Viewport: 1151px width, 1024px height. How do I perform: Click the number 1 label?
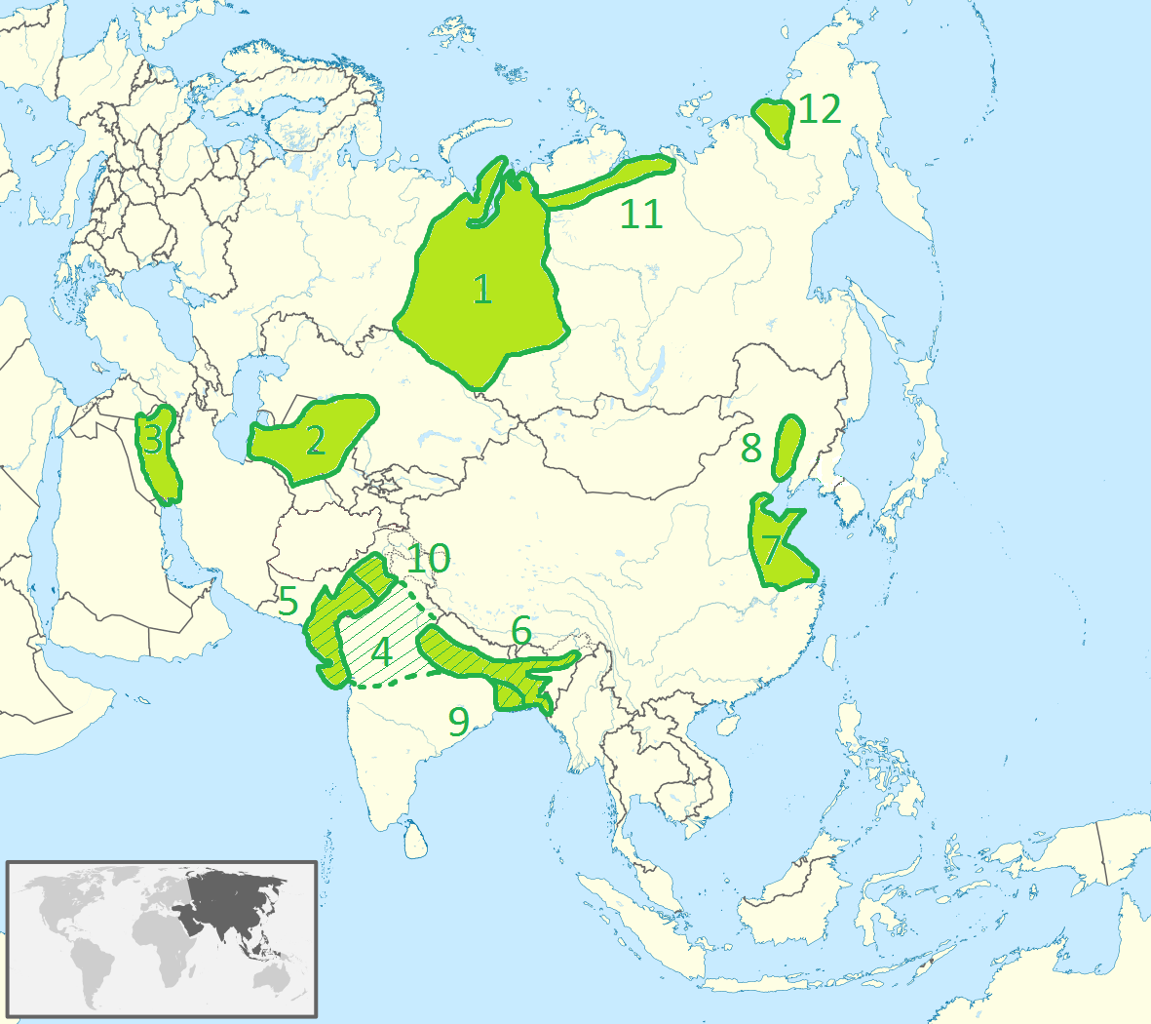(481, 290)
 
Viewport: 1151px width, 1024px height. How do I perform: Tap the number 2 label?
(315, 441)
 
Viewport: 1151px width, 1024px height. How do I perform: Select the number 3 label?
(152, 440)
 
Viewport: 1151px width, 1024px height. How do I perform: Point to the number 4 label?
(381, 651)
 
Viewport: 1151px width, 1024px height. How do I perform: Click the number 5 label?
(288, 602)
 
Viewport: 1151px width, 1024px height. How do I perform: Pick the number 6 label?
(521, 632)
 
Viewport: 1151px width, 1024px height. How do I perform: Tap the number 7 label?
(771, 550)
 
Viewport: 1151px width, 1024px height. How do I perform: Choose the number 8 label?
(750, 449)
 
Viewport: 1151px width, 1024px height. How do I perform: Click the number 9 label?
(458, 721)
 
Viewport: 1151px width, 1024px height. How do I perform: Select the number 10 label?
(429, 559)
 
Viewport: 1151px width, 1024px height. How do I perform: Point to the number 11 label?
(641, 214)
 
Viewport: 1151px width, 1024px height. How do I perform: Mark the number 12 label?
(820, 109)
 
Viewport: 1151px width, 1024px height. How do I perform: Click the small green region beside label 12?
(776, 120)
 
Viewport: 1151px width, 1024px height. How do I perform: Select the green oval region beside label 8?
(788, 446)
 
